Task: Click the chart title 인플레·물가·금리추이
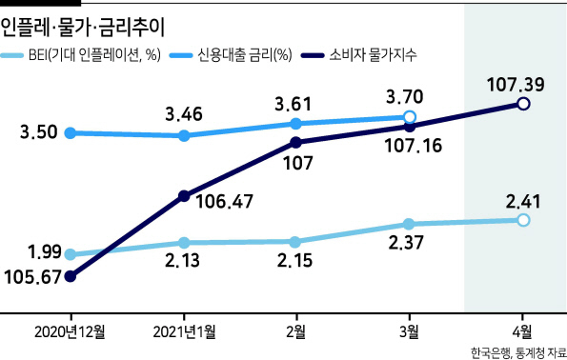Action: click(83, 28)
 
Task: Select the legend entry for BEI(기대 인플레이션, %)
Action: click(80, 55)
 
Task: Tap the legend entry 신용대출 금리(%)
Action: click(231, 55)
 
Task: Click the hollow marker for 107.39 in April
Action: click(523, 104)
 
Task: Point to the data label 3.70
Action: click(405, 97)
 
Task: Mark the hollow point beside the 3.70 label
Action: click(410, 117)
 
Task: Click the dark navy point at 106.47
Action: click(184, 196)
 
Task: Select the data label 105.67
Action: click(32, 277)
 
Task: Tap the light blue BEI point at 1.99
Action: click(71, 254)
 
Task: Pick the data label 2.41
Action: click(523, 202)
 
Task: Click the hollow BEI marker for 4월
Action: click(523, 220)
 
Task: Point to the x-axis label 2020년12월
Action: click(70, 331)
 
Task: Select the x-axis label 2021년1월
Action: click(185, 331)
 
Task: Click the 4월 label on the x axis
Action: click(522, 331)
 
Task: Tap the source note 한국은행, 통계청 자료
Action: click(518, 352)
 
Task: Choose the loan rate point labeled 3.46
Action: click(184, 136)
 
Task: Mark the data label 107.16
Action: click(413, 146)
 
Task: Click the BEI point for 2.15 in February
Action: click(295, 242)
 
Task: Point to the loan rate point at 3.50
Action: click(71, 133)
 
